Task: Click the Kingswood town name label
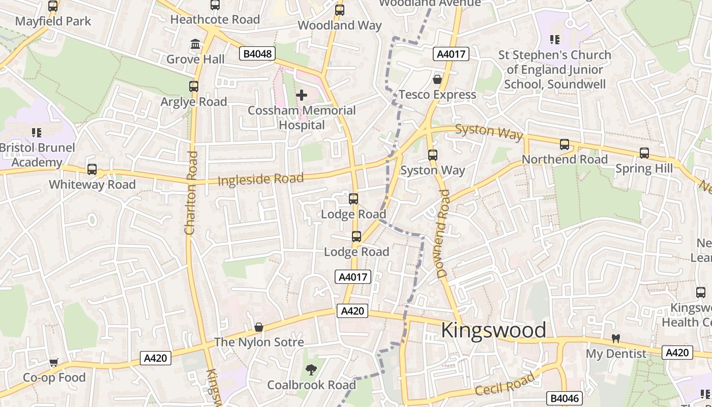(493, 330)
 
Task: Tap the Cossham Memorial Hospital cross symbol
(302, 95)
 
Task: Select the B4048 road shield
(257, 53)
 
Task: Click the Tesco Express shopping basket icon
(437, 79)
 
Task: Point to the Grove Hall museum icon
(195, 44)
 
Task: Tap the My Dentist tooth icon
(615, 338)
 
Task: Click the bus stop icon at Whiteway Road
(92, 169)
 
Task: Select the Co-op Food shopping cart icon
(53, 363)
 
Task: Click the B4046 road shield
(563, 398)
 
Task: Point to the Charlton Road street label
(191, 193)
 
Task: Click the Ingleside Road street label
(260, 179)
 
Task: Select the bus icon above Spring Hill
(644, 153)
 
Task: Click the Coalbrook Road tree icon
(311, 370)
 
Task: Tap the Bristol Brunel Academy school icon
(36, 133)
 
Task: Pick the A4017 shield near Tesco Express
(451, 54)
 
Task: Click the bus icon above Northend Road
(564, 144)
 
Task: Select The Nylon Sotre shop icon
(259, 327)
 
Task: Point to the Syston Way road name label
(489, 131)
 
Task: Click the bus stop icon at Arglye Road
(194, 86)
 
